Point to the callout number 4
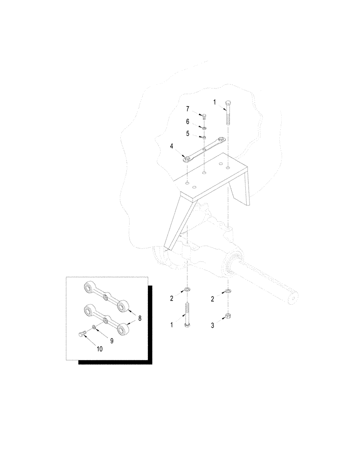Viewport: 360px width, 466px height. coord(172,147)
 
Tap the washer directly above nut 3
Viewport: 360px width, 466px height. coord(227,292)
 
